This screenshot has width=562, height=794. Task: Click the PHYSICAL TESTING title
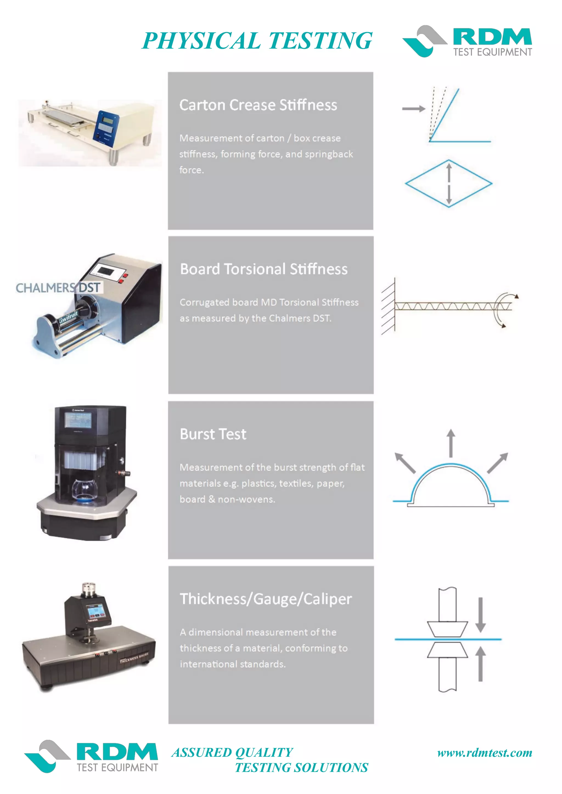tap(257, 41)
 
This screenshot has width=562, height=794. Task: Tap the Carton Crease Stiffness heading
tap(258, 105)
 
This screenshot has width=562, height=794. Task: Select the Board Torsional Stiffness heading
tap(264, 269)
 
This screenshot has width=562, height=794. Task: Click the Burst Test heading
tap(213, 434)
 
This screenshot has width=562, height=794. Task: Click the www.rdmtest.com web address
tap(485, 753)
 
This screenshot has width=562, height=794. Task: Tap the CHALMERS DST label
tap(58, 288)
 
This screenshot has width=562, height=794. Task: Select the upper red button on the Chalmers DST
tap(126, 276)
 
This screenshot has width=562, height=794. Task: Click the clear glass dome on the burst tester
tap(85, 489)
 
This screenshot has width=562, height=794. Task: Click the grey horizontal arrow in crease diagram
tap(414, 109)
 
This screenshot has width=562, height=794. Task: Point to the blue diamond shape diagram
tap(448, 184)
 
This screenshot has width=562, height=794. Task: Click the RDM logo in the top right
tap(467, 41)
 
